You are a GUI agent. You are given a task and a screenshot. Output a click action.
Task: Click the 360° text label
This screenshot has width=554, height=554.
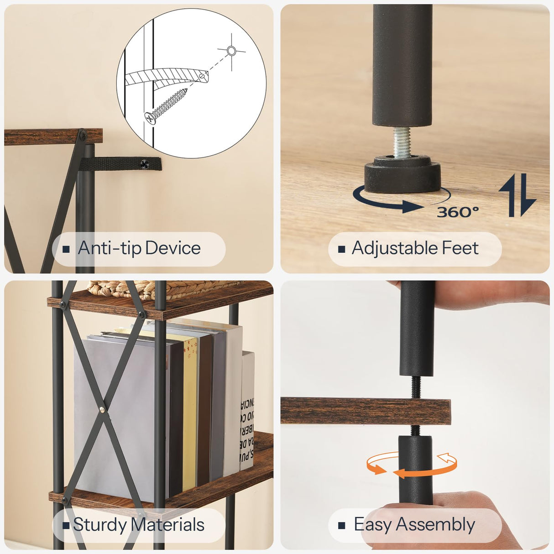(458, 212)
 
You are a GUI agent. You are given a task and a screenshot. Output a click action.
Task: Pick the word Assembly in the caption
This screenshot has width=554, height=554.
(435, 525)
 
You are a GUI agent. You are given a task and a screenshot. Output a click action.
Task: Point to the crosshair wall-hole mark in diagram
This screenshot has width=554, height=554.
(231, 51)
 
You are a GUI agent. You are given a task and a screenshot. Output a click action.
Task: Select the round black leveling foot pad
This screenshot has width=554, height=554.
(402, 175)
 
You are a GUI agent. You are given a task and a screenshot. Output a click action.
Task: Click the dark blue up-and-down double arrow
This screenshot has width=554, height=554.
(517, 195)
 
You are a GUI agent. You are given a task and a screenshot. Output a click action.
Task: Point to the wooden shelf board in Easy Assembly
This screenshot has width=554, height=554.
(365, 411)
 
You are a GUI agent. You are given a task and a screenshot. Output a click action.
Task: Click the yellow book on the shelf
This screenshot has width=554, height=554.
(190, 411)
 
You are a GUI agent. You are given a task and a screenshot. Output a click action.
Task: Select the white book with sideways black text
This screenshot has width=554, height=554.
(247, 411)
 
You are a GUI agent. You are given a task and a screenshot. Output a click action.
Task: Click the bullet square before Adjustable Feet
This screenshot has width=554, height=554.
(341, 249)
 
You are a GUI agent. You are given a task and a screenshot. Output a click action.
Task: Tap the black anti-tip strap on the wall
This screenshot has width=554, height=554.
(121, 163)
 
